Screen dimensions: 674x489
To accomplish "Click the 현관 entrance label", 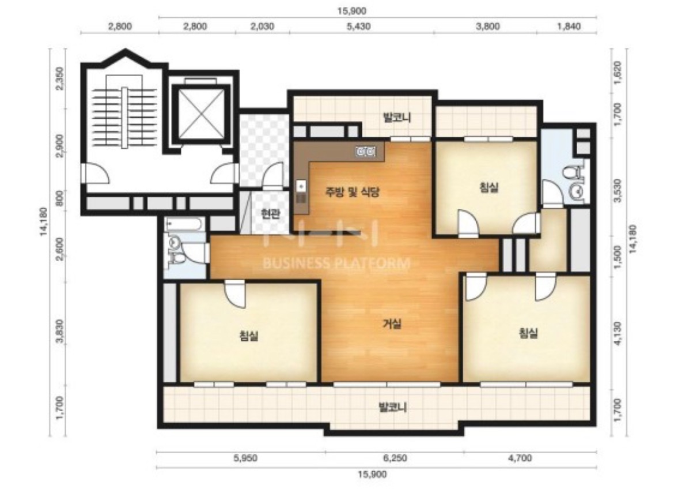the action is point(270,213).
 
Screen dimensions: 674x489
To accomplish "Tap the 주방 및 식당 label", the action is point(352,192).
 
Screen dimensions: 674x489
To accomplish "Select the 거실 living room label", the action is point(392,324).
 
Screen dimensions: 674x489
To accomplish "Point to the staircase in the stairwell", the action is point(124,117).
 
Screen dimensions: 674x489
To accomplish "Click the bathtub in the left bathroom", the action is point(185,224).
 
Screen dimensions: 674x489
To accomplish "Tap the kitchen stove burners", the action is point(366,152).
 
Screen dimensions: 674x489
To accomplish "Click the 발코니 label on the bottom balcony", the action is point(392,407).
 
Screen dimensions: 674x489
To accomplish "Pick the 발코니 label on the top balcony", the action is point(397,117).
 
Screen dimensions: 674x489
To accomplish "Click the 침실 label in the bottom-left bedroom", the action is point(249,336).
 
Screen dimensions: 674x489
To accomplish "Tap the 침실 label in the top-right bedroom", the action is point(489,187).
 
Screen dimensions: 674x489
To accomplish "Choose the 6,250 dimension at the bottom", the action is point(395,458).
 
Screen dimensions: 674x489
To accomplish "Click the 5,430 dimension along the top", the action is point(358,27).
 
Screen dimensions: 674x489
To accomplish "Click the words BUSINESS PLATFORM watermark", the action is point(336,262).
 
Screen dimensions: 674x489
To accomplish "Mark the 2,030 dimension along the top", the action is point(262,27).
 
